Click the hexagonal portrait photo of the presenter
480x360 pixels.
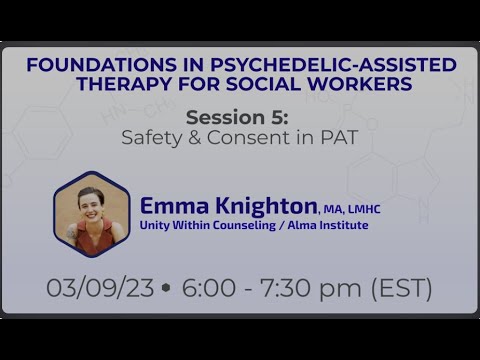(92, 214)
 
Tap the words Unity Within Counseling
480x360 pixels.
(198, 226)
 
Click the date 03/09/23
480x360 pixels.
(100, 288)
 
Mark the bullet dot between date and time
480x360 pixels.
(165, 288)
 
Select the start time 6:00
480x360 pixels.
(205, 288)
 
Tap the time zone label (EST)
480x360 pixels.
(400, 288)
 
